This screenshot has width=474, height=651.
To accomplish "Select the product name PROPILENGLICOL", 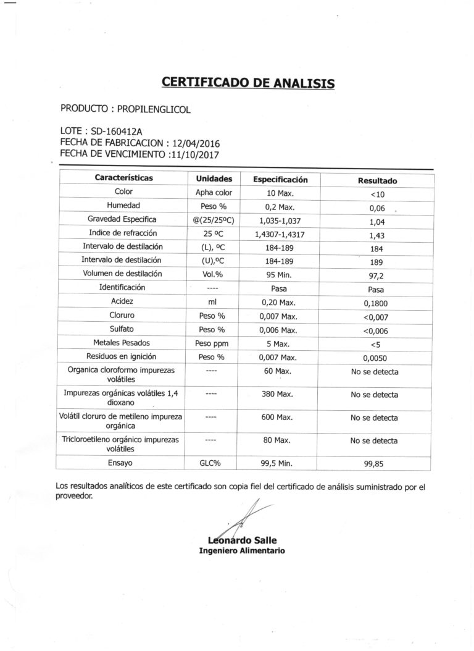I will tap(154, 109).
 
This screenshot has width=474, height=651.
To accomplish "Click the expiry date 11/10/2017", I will tap(194, 154).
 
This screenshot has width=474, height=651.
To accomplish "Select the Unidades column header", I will tap(214, 179).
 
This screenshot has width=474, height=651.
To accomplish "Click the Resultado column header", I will tap(377, 181).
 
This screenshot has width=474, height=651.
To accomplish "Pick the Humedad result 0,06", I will tap(377, 208).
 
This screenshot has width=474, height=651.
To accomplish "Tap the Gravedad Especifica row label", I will tap(122, 219).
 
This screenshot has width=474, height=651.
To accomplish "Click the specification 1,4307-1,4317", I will tap(280, 235).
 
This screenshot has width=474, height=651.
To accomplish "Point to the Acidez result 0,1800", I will tap(376, 303).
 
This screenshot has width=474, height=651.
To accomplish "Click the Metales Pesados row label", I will tap(122, 343).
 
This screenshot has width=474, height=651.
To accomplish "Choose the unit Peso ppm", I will tap(214, 343).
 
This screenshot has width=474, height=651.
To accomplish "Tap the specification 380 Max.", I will tap(276, 394).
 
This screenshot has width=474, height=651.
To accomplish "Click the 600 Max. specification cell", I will tap(276, 418).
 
